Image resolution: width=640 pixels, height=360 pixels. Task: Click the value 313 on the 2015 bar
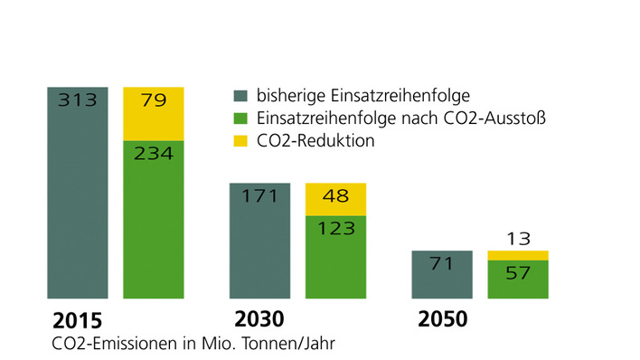pos(77,100)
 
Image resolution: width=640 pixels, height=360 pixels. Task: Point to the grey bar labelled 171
pos(259,240)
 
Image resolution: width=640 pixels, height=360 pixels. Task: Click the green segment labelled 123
pos(335,258)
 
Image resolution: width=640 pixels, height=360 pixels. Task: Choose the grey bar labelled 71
pos(442,274)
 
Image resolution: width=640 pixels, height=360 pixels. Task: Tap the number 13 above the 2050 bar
pos(518,239)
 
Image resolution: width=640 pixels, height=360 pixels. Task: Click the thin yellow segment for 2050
pos(518,255)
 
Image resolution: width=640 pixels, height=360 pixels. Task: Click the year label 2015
pos(78,320)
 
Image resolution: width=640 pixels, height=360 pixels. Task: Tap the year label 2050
pos(443,319)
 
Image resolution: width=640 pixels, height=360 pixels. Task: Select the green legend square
pos(240,118)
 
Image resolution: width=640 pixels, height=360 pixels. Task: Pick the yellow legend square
pos(240,142)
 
